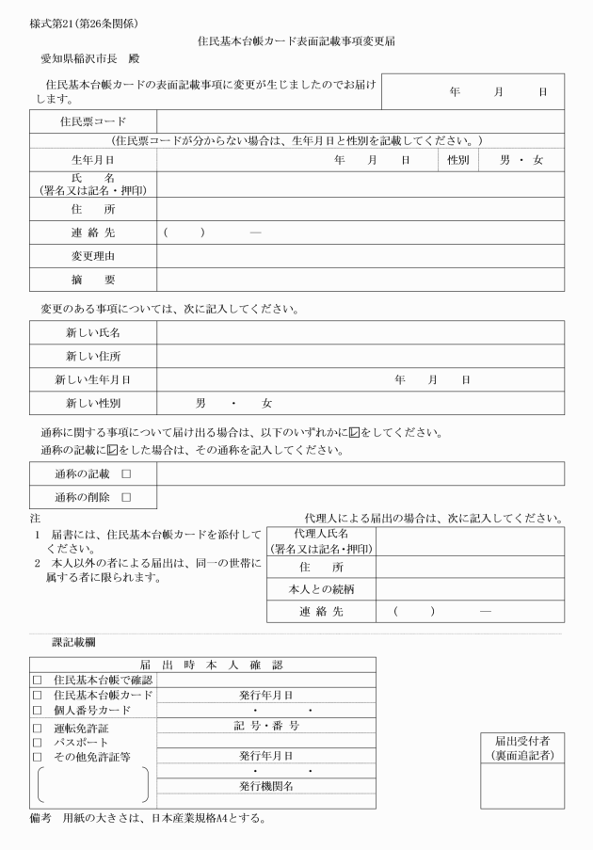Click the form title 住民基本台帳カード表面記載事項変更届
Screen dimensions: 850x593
296,41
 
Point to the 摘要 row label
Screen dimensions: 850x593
92,280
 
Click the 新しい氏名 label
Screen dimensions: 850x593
92,332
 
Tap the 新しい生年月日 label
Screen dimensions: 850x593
92,379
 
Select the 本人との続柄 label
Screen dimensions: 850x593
320,589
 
